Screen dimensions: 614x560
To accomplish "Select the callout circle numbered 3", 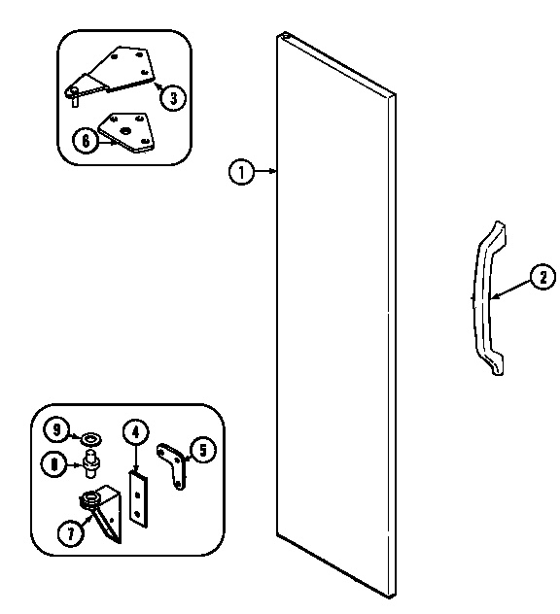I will pos(171,96).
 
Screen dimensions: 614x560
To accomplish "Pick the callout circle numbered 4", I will pos(134,432).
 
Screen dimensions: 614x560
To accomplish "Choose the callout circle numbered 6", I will pos(86,140).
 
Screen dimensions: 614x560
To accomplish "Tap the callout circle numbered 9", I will pos(57,428).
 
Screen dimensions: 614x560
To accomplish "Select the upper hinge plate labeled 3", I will pos(122,68).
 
